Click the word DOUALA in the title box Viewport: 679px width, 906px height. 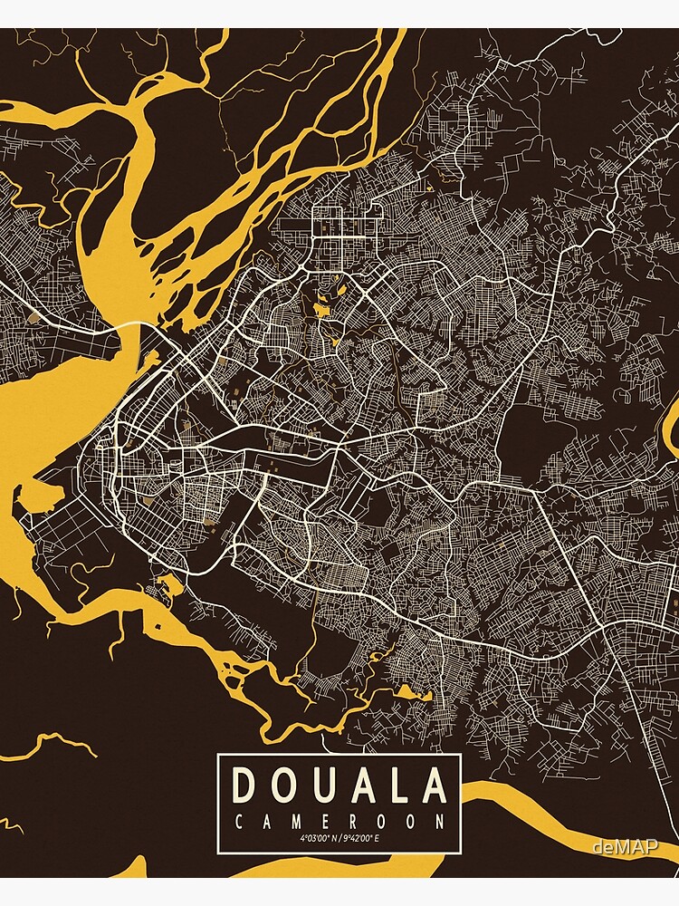339,785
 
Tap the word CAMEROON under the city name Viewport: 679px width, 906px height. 339,822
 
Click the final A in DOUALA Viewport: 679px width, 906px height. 435,785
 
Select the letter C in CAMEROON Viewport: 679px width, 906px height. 239,822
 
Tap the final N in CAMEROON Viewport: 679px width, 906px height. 440,822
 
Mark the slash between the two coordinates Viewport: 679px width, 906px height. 341,839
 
